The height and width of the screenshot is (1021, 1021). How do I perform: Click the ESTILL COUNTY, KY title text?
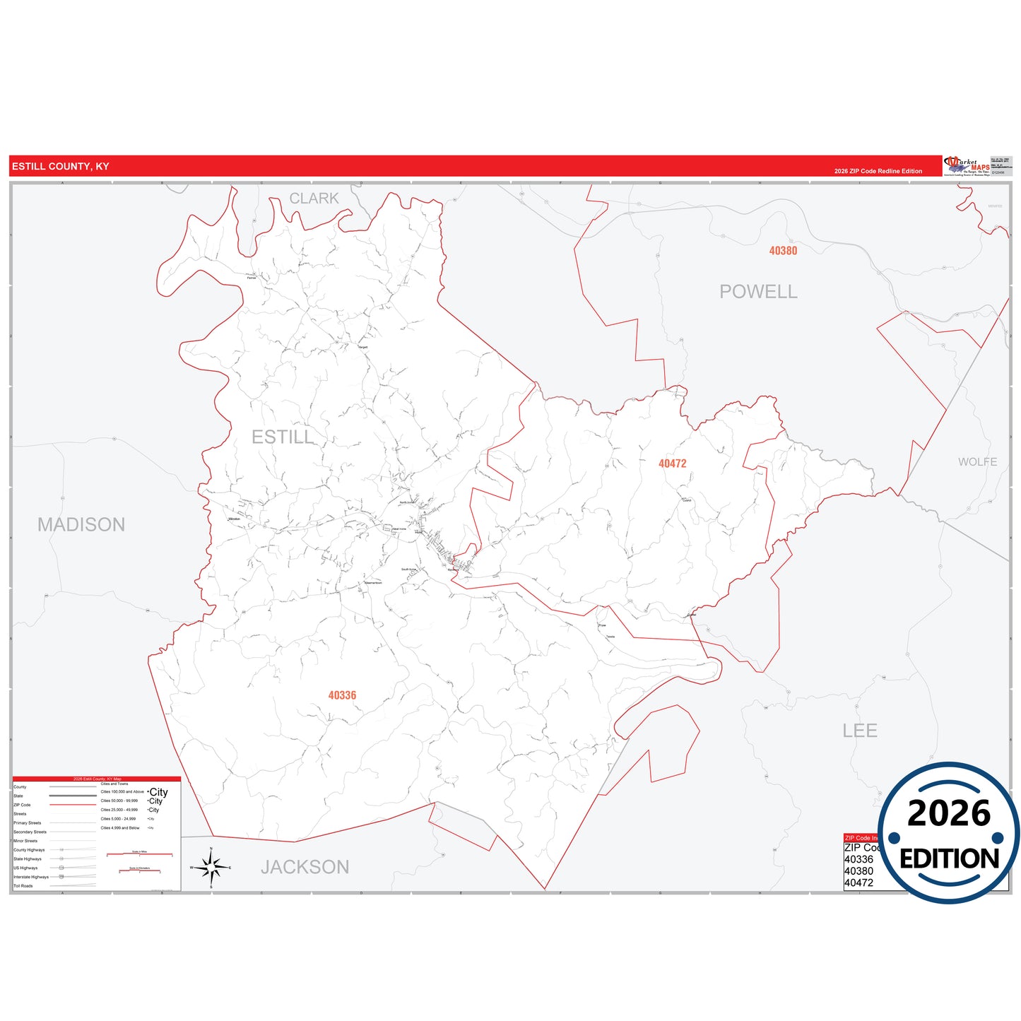click(61, 167)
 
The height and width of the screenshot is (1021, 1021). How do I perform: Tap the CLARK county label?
click(314, 199)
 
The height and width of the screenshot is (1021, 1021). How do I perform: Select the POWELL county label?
click(758, 292)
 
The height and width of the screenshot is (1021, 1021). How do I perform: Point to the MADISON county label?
click(81, 524)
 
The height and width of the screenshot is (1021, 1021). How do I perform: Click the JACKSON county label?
click(305, 867)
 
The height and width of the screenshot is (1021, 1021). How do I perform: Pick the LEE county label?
click(859, 731)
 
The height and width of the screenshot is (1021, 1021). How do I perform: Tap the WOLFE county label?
click(977, 462)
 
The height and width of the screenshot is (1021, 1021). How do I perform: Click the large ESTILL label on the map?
click(283, 437)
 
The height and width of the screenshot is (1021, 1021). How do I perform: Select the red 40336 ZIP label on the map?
click(342, 695)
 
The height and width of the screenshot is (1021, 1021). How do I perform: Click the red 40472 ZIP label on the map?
click(672, 464)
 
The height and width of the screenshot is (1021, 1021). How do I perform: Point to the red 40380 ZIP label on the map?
click(783, 251)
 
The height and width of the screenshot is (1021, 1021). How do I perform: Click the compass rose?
click(211, 867)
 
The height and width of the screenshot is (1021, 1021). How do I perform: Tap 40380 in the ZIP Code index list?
click(858, 871)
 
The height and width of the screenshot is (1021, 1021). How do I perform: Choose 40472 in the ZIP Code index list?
click(858, 883)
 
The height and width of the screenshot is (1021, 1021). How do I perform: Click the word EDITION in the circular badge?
click(949, 858)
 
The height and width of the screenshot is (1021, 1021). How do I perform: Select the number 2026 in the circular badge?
click(949, 814)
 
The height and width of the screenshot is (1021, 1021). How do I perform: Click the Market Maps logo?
click(967, 166)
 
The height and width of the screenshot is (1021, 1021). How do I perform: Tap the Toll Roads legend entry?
click(23, 886)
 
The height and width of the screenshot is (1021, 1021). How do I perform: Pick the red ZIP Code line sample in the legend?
click(73, 805)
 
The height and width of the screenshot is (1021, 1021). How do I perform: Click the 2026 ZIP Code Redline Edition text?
click(878, 171)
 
